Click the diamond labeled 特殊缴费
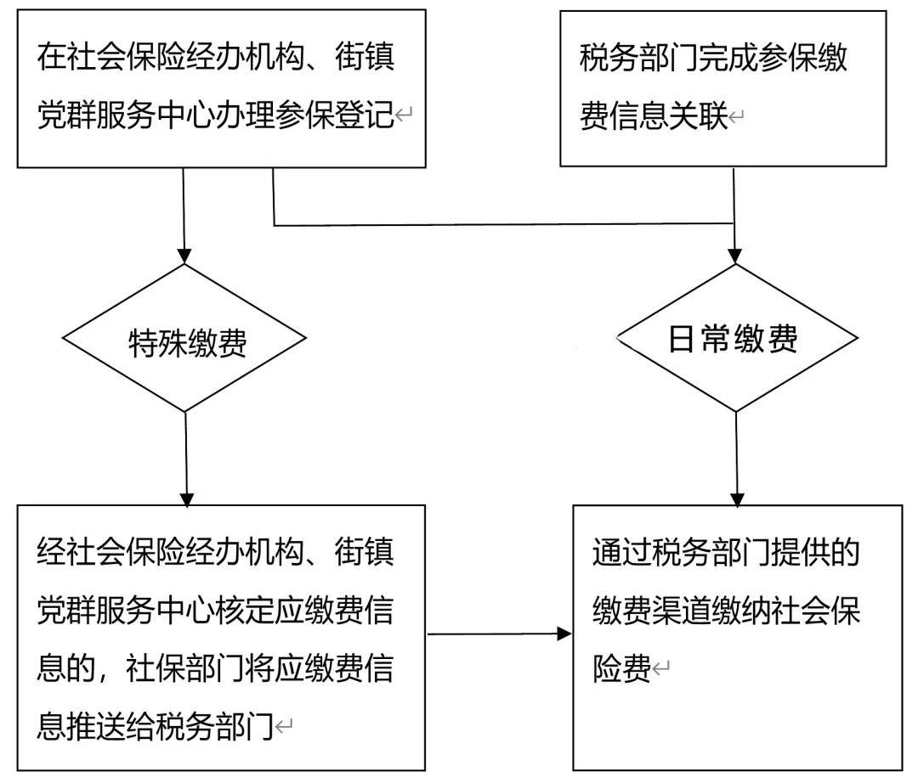186,340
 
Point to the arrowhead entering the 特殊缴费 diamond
184,256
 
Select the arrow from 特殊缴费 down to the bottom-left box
185,459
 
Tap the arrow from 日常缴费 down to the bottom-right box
737,459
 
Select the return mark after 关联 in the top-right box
737,117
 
